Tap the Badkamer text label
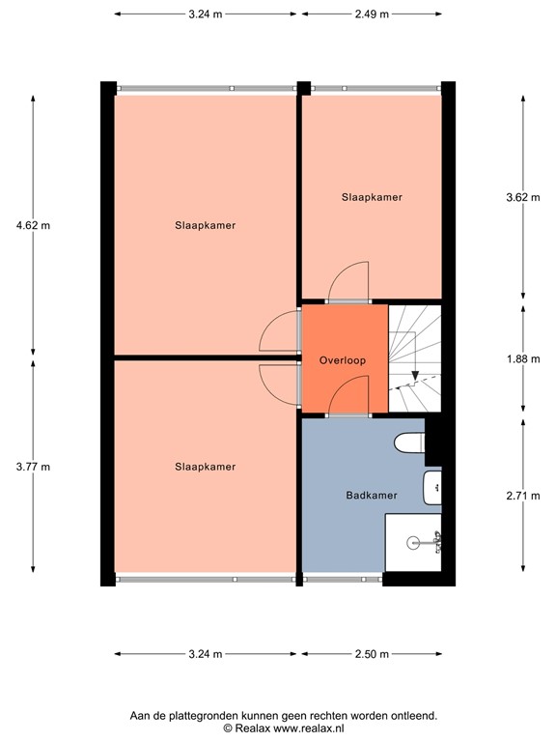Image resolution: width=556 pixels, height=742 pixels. coord(372,496)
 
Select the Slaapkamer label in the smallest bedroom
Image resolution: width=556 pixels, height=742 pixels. coord(372,197)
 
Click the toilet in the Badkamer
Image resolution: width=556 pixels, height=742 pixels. coord(409,443)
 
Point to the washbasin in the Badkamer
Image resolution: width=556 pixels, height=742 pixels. coord(432,489)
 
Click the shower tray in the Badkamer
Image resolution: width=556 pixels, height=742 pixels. coord(413,543)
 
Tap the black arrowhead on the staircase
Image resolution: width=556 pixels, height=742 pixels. coord(414,376)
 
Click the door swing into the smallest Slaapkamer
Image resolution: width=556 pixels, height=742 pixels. coord(348,283)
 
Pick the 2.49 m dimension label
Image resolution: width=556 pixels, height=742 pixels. coord(372,14)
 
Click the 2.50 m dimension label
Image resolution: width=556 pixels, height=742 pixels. coord(372,654)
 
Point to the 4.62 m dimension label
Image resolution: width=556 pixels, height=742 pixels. coord(34,225)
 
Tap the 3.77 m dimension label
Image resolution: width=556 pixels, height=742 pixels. coord(34,467)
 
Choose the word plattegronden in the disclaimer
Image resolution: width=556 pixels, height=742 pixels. coord(213,716)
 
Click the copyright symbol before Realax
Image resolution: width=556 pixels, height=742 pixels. coord(228,729)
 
